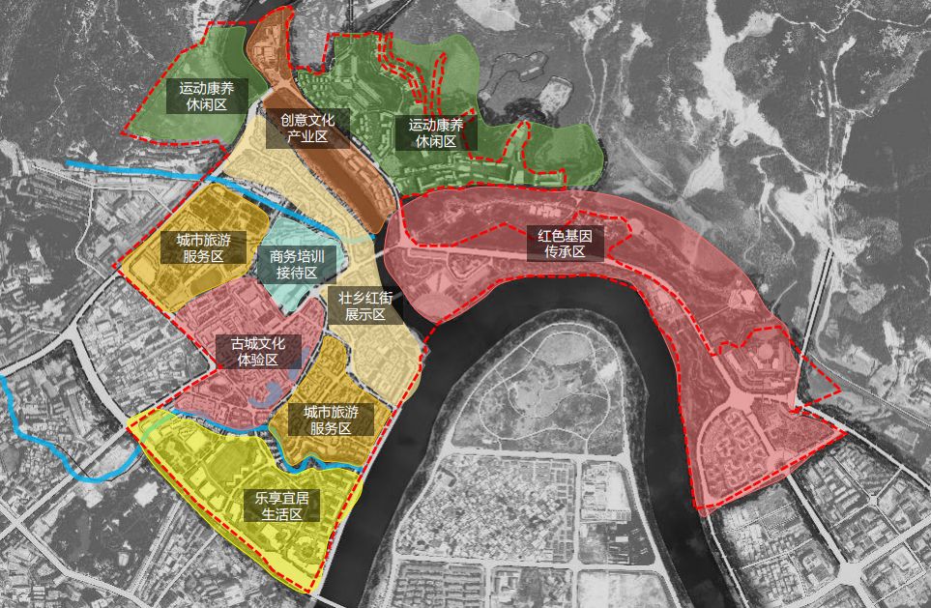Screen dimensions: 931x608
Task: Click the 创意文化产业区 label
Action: click(307, 129)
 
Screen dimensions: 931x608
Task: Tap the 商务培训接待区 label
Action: click(296, 264)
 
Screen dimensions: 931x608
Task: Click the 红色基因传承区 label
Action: click(565, 243)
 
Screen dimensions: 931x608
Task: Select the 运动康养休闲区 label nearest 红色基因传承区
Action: click(435, 132)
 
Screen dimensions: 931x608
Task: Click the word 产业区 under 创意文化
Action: click(307, 137)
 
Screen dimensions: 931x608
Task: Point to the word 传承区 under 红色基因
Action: click(565, 251)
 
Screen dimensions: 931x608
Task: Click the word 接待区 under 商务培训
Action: click(296, 273)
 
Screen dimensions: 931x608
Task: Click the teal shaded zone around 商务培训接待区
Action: click(280, 232)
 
